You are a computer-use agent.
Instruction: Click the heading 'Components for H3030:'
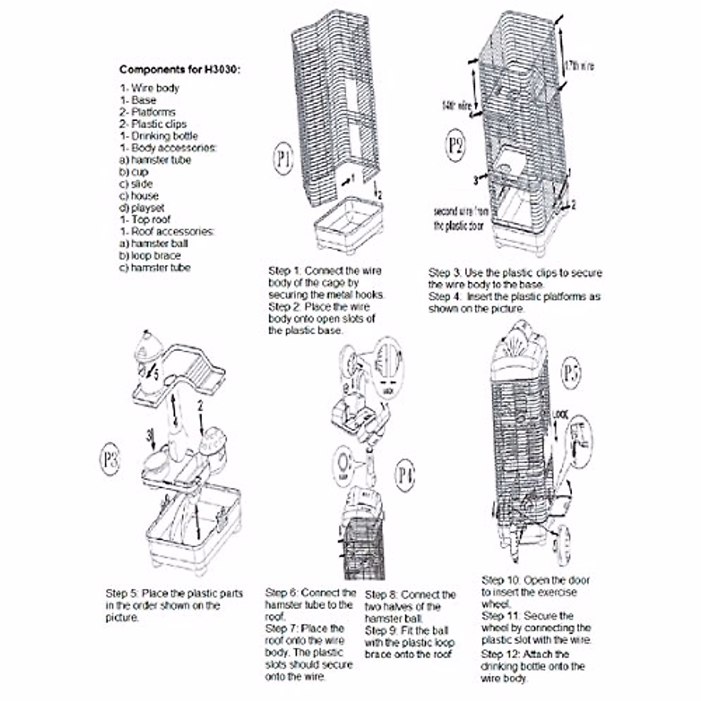(x=180, y=70)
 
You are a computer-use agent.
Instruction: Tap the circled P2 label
(x=456, y=144)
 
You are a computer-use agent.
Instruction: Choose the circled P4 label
(x=405, y=476)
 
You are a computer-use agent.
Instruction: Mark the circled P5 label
(x=571, y=373)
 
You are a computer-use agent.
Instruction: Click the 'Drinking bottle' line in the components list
(x=159, y=136)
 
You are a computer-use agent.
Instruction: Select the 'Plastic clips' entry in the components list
(x=153, y=124)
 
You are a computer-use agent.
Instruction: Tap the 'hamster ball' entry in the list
(x=154, y=244)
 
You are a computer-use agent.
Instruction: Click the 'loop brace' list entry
(x=150, y=256)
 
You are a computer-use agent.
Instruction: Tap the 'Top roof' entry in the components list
(x=145, y=220)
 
